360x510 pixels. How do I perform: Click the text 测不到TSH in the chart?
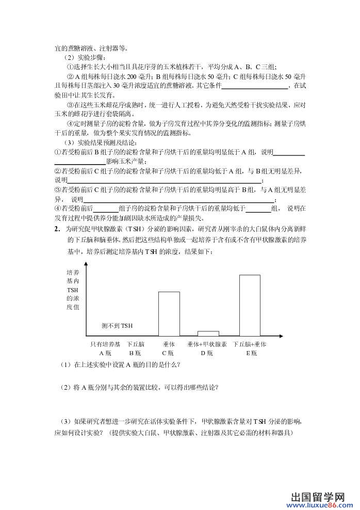point(117,326)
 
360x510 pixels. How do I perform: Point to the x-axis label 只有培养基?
point(105,344)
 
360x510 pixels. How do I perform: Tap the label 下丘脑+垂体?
point(249,344)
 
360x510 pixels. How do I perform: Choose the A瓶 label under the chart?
point(105,353)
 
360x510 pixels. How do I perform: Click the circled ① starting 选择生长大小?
point(70,67)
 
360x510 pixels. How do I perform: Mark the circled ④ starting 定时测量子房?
point(70,123)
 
